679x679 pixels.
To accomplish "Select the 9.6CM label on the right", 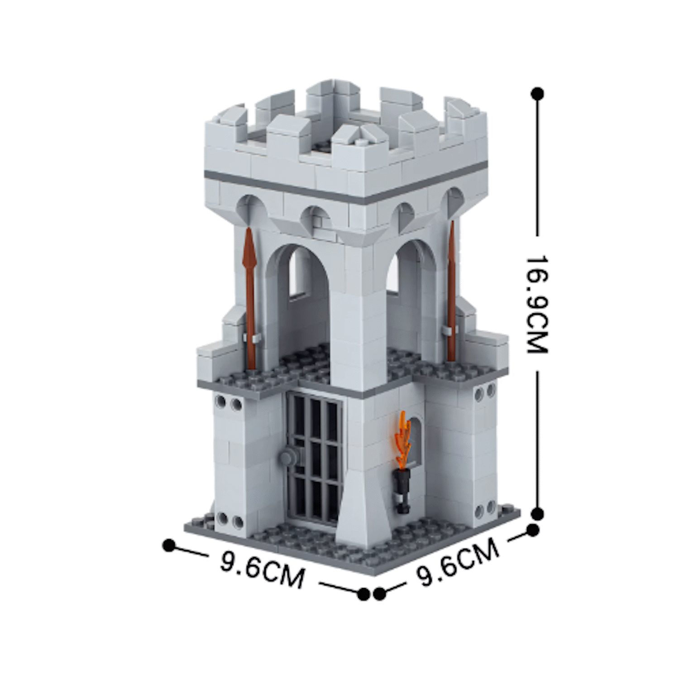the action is coord(457,563).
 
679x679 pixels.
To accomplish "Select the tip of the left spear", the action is coord(249,228).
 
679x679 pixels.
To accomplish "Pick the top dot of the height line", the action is coord(537,94).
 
